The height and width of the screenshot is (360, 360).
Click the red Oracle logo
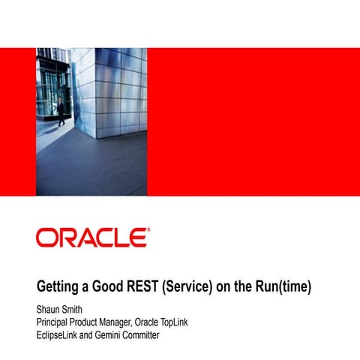pyautogui.click(x=91, y=238)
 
